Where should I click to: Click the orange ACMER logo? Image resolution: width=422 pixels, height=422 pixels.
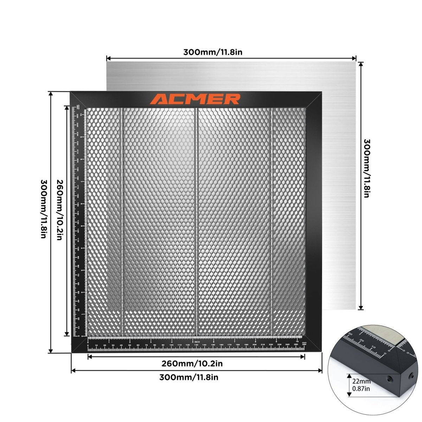(x=195, y=99)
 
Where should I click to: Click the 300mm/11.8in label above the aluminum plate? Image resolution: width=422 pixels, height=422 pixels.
(x=212, y=52)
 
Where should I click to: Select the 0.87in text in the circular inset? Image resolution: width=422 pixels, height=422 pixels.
(x=361, y=388)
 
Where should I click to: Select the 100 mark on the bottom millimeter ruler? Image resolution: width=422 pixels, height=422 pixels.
(x=171, y=345)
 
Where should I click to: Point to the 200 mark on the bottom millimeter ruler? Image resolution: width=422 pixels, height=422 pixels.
(x=254, y=345)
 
